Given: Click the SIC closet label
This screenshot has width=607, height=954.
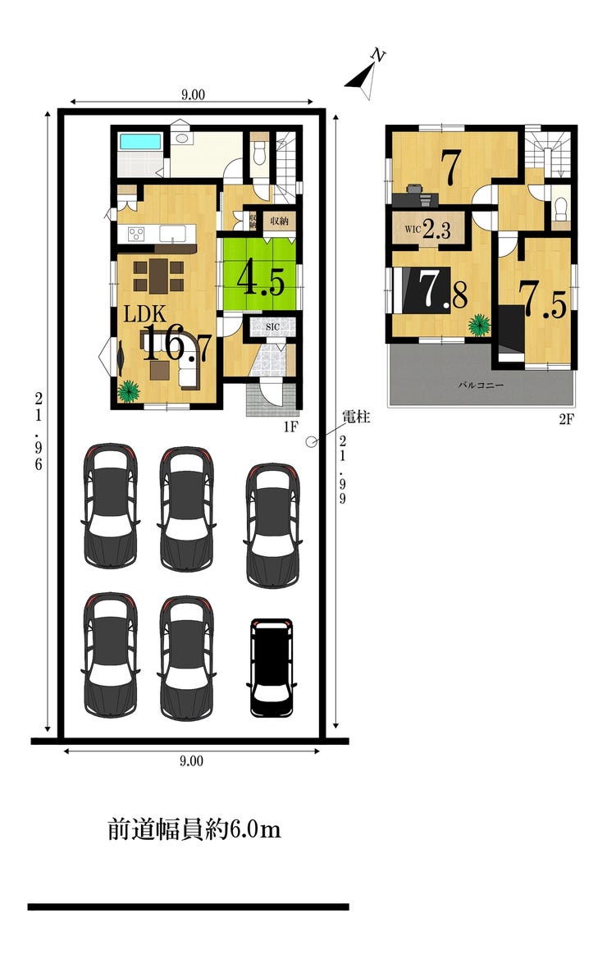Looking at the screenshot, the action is point(272,327).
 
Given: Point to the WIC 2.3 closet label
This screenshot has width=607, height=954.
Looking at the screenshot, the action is point(428,230).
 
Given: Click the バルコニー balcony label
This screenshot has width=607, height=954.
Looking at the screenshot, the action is point(481,386).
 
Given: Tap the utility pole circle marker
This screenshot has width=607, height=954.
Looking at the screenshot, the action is point(311,442).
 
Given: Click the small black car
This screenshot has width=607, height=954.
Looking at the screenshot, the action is point(272,668).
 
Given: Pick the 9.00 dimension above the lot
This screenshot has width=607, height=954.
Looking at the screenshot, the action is point(193,94).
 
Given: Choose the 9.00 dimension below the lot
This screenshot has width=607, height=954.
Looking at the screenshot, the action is point(192,761).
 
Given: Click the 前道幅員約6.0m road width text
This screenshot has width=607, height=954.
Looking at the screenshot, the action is point(194,829).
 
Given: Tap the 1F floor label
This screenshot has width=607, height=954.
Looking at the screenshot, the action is point(290,427).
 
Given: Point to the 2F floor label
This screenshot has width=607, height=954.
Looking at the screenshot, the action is point(566,419).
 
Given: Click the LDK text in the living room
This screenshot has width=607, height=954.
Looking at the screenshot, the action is point(144,314).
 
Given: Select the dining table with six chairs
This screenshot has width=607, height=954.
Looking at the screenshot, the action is point(158,276).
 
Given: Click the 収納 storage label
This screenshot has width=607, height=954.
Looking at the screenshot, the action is point(279,221).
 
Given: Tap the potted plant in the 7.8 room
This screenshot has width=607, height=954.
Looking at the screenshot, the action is point(479,324).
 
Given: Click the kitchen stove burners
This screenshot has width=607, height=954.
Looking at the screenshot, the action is point(135,234).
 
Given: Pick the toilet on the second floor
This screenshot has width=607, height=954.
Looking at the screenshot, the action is point(560,208).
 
